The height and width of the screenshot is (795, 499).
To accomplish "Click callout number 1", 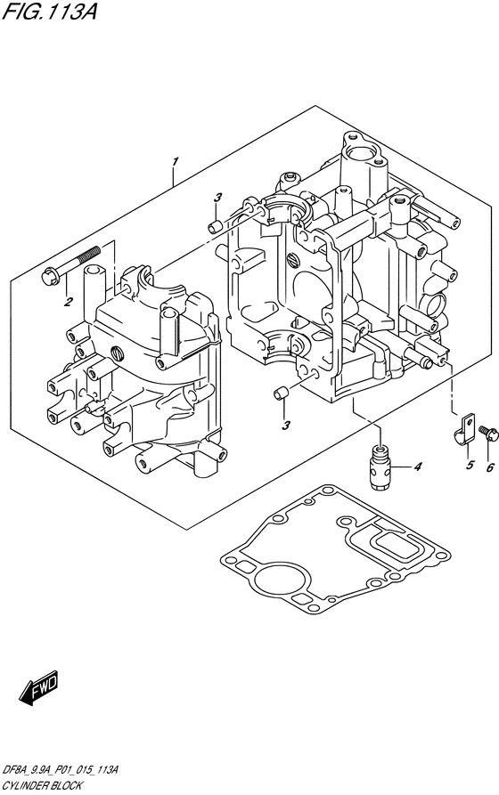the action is pos(175,162).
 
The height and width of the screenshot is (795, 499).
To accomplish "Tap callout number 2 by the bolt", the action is pos(68,303).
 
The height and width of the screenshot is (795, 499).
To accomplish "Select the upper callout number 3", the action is pos(217,198).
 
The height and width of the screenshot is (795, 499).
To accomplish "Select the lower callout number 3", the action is pos(286,425).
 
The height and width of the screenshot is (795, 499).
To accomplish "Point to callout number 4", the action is pos(417,466).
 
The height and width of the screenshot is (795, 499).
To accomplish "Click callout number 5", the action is pos(470,465).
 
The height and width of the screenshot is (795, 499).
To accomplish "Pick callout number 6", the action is pos(490,467).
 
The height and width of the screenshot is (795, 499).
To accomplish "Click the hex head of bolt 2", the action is pos(50,278).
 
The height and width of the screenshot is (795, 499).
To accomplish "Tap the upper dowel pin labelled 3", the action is pos(216,227).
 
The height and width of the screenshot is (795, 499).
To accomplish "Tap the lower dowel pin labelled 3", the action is pos(281,393).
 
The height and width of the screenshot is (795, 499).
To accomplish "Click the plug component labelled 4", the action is pos(380,466).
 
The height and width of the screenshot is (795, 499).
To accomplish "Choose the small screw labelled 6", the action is pos(488,433).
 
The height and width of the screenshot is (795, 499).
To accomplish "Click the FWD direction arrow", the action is pos(39,688).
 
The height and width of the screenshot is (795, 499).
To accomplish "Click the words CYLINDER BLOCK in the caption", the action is pos(42,785).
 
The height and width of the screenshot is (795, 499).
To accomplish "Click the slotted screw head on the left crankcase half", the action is pos(118,353).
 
